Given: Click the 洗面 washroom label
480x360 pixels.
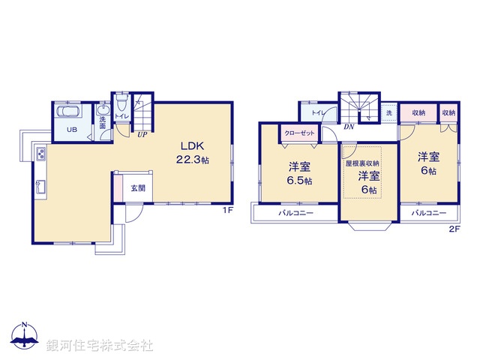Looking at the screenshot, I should [x=103, y=122].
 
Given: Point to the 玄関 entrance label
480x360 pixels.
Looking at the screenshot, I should [x=136, y=187].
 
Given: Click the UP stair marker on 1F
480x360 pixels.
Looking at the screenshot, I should [x=141, y=134].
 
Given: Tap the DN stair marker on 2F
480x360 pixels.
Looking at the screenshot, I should [x=348, y=127].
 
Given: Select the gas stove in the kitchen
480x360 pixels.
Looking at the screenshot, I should [x=40, y=155].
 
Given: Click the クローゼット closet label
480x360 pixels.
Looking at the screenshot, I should [x=298, y=133].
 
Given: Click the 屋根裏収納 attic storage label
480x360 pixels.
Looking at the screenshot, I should [x=362, y=163].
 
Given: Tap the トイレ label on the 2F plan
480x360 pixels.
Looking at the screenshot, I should [x=318, y=113].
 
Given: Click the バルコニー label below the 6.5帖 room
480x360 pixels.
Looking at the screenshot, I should [x=296, y=213].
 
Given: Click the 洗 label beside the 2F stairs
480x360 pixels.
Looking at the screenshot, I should [x=388, y=113].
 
